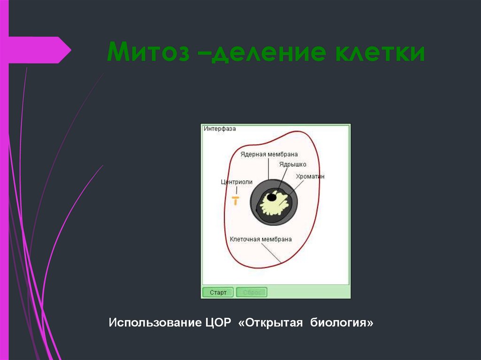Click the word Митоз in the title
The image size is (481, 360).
coord(147,52)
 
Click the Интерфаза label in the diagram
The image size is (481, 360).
coord(220,129)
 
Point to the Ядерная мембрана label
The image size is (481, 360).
coord(269,154)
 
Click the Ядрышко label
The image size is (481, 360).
coord(292,164)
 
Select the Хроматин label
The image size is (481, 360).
coord(310,176)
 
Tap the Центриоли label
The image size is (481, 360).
coord(237,182)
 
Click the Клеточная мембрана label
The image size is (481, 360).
coord(261,239)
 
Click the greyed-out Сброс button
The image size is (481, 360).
coord(251,292)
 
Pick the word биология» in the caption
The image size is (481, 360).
coord(341,323)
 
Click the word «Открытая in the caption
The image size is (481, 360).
coord(270,323)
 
